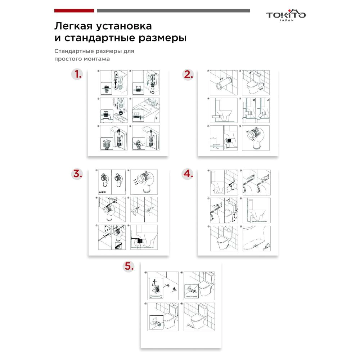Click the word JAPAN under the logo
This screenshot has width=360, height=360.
tap(286, 21)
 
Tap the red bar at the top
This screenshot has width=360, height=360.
tap(74, 11)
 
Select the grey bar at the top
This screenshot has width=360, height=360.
tap(173, 11)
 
